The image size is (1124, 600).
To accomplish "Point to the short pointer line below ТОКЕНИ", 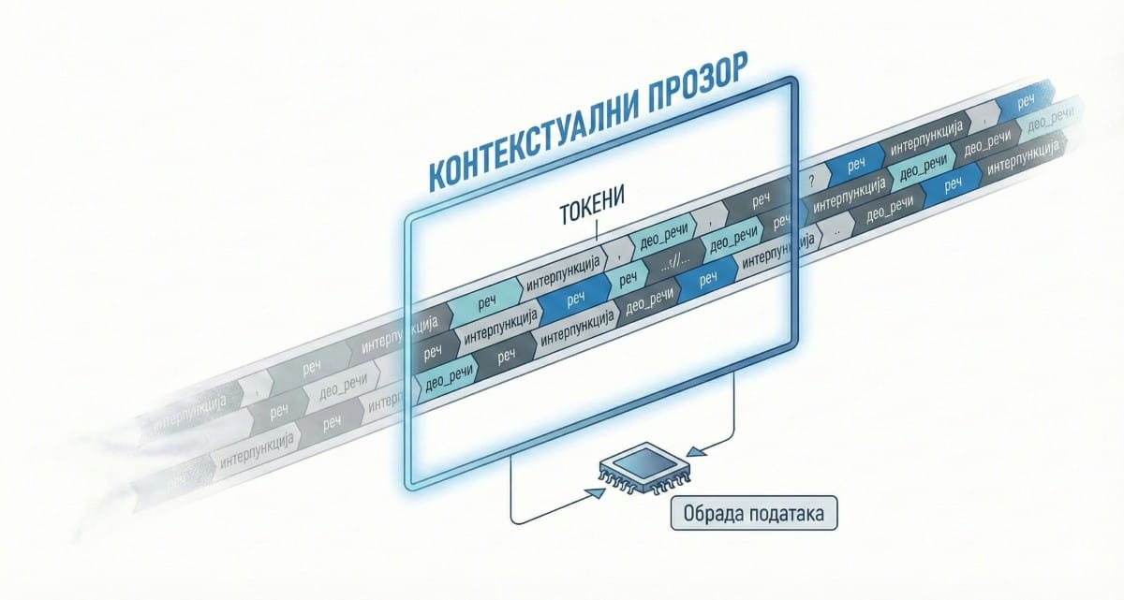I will pos(592,225).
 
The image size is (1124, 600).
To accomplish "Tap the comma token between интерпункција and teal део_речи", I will pos(619,252).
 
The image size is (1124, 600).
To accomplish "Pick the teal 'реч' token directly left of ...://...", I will pos(629,278).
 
